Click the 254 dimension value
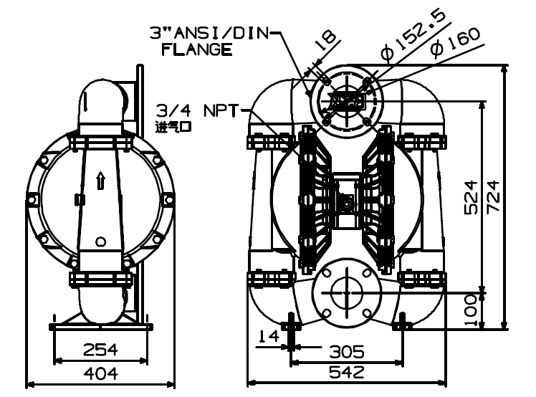tap(100, 350)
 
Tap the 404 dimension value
tap(101, 373)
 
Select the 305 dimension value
tap(347, 352)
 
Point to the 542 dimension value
tap(347, 372)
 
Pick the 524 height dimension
tap(471, 197)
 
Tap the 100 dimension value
tap(471, 310)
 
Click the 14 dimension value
tap(268, 336)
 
